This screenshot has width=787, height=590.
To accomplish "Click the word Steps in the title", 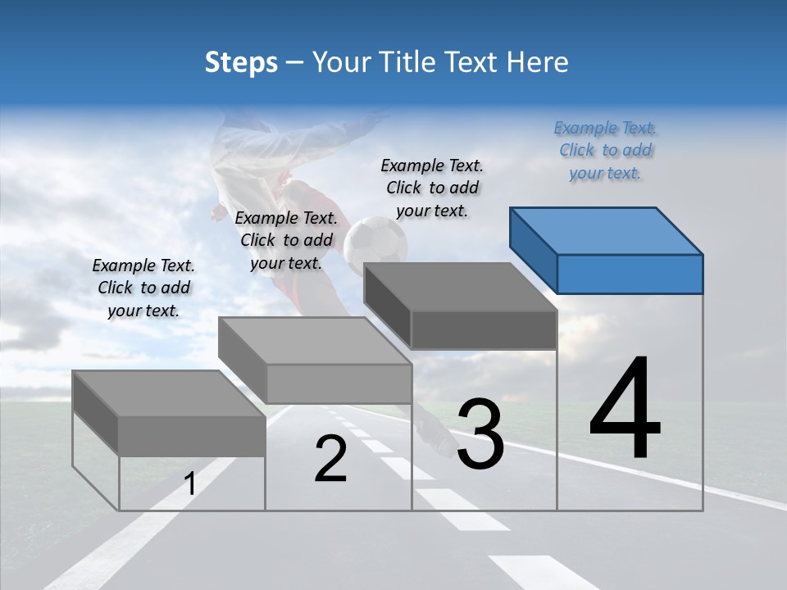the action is pos(240,62).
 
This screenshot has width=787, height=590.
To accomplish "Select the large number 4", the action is pos(625,409).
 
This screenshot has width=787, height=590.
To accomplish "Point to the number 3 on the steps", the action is pos(480,434).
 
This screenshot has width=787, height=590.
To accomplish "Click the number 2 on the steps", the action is pos(330,459).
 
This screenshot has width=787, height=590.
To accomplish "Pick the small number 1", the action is pos(189,484).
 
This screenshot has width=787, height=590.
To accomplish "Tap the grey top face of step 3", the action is pos(459,287).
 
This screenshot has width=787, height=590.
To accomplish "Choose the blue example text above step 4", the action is pos(605,150).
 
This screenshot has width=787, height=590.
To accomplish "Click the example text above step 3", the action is pos(432,188).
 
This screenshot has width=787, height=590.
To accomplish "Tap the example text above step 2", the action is pos(286,240).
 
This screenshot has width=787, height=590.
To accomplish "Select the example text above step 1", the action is pos(143,288).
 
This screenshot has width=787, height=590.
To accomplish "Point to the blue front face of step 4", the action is pos(630,274).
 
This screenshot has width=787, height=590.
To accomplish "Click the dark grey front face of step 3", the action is pos(484,329).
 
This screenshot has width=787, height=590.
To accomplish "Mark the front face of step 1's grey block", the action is pos(192,436).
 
